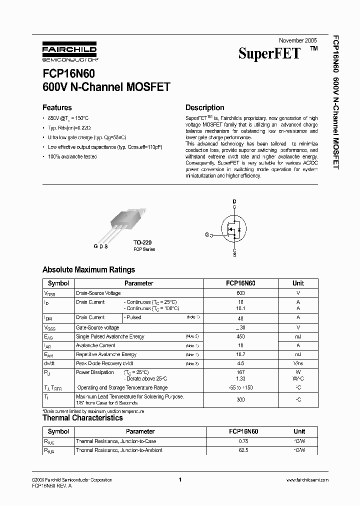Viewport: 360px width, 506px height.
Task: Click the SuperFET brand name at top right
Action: pos(269,54)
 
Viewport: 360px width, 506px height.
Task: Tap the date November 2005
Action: pos(297,40)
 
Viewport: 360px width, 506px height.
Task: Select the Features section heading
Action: pos(57,107)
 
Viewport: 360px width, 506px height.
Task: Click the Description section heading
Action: pos(204,107)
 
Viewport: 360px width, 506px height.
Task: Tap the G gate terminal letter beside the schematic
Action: pos(206,234)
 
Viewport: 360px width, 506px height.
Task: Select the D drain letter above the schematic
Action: pos(234,201)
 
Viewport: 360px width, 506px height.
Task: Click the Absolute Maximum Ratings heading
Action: pos(88,270)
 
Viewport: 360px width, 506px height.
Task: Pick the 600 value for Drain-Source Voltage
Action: pos(240,293)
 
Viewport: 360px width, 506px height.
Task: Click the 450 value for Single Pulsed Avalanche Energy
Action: pos(240,336)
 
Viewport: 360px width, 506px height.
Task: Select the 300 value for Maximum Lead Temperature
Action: pos(240,400)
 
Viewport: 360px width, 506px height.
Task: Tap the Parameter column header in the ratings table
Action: pos(138,283)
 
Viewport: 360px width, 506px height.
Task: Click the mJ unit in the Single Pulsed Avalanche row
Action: pos(298,336)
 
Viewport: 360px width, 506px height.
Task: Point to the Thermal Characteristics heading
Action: pos(82,418)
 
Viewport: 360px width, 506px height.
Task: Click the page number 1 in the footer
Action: pos(179,480)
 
